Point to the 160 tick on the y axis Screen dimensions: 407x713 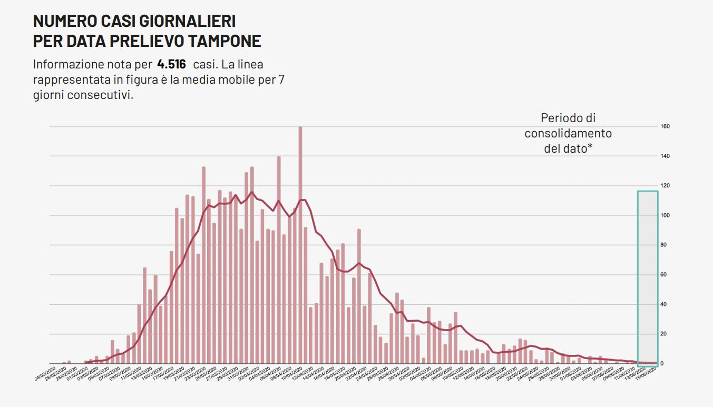(x=665, y=126)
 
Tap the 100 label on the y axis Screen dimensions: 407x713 (x=665, y=215)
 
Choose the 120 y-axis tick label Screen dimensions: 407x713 (x=665, y=186)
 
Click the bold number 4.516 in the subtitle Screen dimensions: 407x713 (x=171, y=65)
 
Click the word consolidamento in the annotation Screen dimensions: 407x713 (x=568, y=133)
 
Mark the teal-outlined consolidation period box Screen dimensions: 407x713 (x=648, y=278)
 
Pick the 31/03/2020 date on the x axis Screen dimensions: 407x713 (x=237, y=375)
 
